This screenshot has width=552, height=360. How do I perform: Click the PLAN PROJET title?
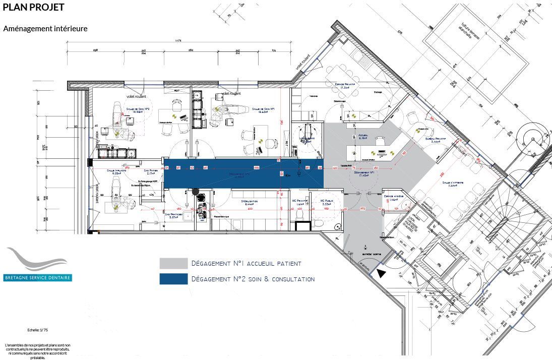coord(33,8)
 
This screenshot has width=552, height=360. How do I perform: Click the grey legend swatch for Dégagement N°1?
coord(173,264)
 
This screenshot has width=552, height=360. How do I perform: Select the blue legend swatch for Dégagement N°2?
coord(173,279)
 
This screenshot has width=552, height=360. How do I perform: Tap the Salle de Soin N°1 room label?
coord(263,109)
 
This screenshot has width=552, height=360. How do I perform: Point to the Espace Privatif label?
coord(345,85)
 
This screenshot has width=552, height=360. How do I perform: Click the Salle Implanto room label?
coord(116,171)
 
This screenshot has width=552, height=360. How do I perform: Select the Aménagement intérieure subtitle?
coord(45,29)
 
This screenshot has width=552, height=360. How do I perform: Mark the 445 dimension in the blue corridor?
coord(256,167)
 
